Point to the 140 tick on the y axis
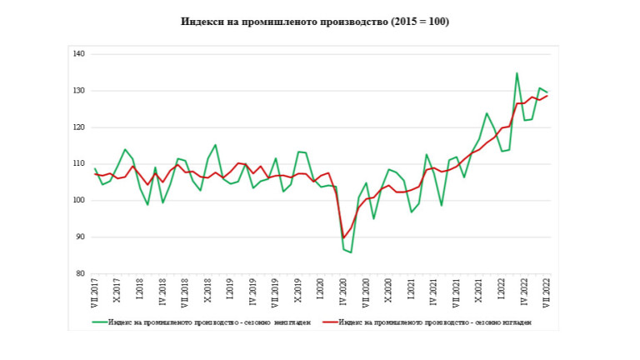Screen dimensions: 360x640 click(79, 54)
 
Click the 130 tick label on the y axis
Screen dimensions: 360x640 click(79, 91)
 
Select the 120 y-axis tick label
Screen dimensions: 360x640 click(79, 127)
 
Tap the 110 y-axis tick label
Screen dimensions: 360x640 click(79, 164)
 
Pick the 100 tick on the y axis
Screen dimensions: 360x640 click(79, 201)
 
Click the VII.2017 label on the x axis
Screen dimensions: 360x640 click(95, 293)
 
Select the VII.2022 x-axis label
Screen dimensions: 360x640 click(547, 293)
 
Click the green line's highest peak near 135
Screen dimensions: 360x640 click(517, 73)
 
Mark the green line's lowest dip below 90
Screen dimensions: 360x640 click(351, 252)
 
